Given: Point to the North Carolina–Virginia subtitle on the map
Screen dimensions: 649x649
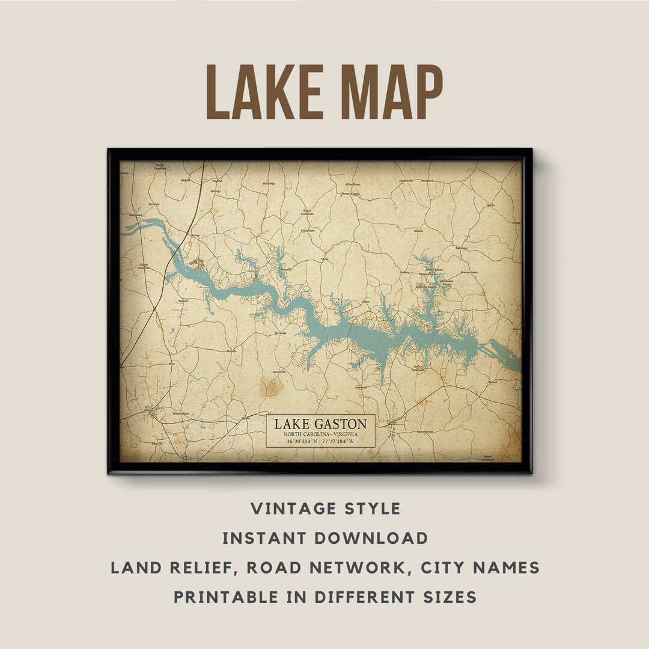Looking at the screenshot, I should pos(320,434).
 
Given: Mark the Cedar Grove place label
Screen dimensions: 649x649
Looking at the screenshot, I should pos(307,230).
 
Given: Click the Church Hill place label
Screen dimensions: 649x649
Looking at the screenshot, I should pos(279,372).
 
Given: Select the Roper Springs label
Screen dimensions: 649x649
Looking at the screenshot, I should pos(426,431).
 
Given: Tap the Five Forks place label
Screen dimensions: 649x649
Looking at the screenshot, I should pos(281,333).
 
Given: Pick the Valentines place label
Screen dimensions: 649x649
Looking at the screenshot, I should pos(462,247).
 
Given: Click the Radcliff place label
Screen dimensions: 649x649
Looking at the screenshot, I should pos(186,180).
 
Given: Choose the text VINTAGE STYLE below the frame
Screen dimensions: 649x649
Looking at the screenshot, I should pos(325,508).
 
